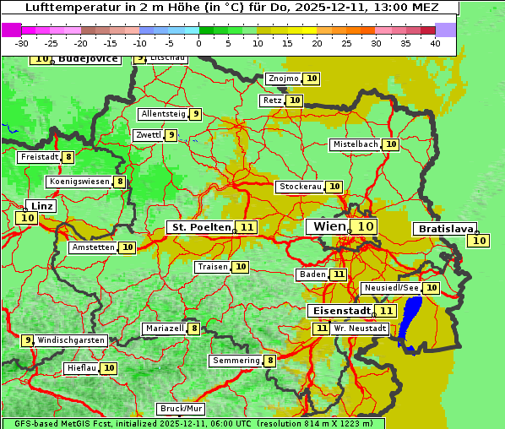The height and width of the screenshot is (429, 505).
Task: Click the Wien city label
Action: (x=329, y=226)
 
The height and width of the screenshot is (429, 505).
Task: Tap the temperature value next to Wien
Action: (x=365, y=226)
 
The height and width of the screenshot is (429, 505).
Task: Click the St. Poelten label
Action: (x=201, y=227)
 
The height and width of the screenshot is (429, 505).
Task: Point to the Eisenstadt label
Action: (x=339, y=311)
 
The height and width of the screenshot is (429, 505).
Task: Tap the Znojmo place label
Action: (x=283, y=79)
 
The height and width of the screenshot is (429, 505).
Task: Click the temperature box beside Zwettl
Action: (x=171, y=135)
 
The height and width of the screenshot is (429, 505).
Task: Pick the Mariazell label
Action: (x=165, y=329)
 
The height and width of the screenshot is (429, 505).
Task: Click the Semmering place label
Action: (x=236, y=361)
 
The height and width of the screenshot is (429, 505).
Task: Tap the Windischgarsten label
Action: (x=71, y=340)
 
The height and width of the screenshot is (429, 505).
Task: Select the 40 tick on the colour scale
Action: (x=435, y=43)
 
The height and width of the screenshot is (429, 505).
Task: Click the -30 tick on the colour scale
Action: (x=22, y=43)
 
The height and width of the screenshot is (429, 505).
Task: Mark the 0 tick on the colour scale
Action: (x=198, y=43)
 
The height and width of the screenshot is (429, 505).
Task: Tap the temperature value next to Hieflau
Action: (x=109, y=368)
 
